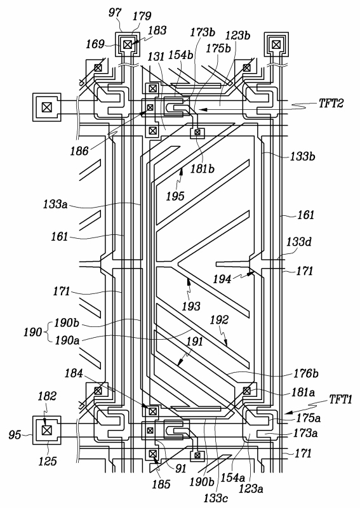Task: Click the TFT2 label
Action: pos(331,103)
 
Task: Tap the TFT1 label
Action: pos(340,399)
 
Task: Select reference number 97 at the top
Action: pos(115,13)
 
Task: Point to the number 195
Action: pos(175,196)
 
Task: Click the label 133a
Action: pos(55,204)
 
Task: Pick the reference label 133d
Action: pos(299,242)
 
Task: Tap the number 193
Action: pos(191,306)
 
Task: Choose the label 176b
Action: pos(306,373)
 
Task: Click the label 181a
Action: pos(303,392)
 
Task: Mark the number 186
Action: pos(79,150)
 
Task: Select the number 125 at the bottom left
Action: pos(48,461)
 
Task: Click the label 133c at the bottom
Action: pos(215,498)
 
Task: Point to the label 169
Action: pos(95,44)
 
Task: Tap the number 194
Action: pos(222,279)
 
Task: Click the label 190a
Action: pos(67,340)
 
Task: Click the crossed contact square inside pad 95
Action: pos(47,431)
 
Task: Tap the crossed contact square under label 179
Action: pos(127,44)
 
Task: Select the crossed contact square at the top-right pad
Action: pos(276,44)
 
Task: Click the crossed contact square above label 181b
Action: pos(197,132)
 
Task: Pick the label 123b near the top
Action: pos(238,35)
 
